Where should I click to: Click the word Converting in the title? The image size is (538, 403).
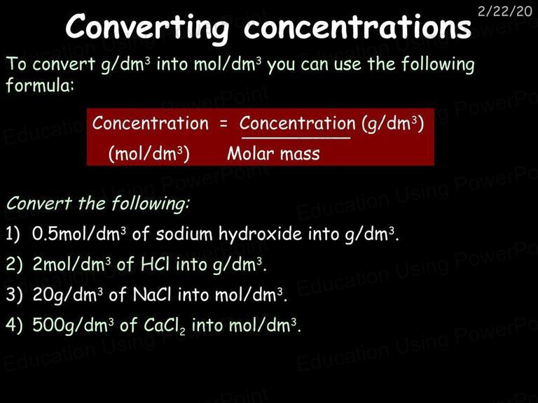[x=147, y=28]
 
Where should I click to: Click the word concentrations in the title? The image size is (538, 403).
[x=357, y=27]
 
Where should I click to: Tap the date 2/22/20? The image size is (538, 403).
[x=504, y=11]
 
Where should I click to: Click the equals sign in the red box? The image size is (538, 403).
[x=223, y=123]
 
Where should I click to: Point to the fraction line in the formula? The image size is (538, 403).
[x=296, y=138]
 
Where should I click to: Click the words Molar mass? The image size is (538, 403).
[x=273, y=153]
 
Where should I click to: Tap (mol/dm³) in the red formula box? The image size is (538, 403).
[x=149, y=154]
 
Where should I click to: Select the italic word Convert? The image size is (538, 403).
[x=39, y=203]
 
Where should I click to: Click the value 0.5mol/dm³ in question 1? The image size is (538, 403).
[x=79, y=234]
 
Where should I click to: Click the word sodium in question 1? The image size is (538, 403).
[x=185, y=234]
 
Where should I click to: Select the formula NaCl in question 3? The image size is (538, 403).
[x=151, y=295]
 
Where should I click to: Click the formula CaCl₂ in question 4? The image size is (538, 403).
[x=165, y=325]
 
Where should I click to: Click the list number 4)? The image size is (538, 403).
[x=14, y=325]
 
